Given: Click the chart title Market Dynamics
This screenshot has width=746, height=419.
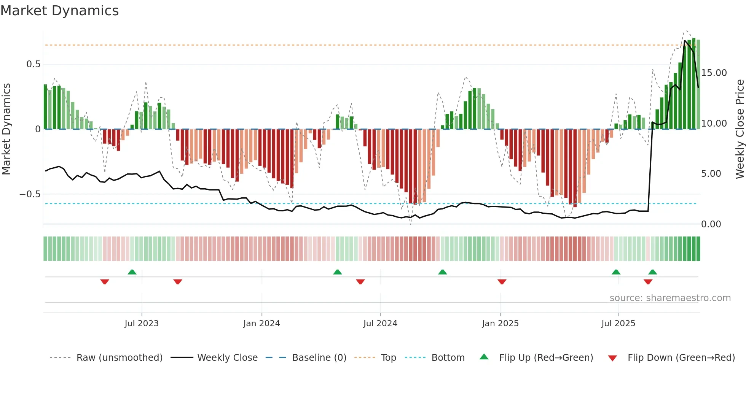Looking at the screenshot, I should pos(59,11).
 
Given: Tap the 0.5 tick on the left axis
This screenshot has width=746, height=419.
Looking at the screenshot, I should pos(33,64).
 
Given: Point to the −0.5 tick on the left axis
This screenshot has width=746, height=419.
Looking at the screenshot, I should pos(30,194).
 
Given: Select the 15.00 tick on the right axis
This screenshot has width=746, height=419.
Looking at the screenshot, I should pos(714,73).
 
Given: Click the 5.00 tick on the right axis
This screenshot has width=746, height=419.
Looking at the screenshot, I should pos(711,174).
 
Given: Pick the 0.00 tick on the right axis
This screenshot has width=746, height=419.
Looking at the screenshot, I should pos(711,224).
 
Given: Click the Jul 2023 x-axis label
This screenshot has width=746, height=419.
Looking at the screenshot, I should pos(142,324).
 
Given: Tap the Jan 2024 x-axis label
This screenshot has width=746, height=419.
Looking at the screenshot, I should pos(261,324).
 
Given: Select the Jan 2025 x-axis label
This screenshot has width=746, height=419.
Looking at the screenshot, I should pos(500,324).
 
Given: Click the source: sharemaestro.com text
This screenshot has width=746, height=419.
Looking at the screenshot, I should pos(670,298).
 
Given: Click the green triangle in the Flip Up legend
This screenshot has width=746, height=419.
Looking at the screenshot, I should pos(484,357).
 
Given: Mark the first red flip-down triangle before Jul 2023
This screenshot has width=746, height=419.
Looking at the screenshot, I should pos(105,282).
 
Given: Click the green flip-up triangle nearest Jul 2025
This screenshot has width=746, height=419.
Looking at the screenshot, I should pos(616,272).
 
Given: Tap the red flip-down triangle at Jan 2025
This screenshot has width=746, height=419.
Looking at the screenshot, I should pos(502,282).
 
